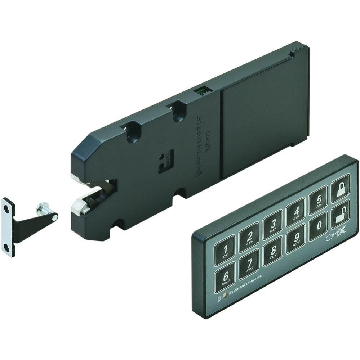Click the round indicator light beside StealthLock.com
click(225, 296)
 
